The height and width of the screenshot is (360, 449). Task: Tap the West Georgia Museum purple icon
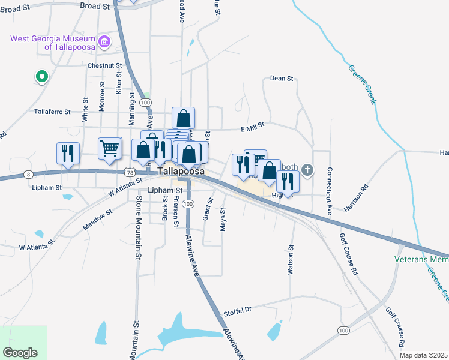[x=105, y=42]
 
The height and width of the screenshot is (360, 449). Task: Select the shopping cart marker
[x=110, y=148]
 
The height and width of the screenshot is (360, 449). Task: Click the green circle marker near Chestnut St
[x=41, y=76]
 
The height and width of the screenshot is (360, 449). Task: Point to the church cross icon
[x=307, y=170]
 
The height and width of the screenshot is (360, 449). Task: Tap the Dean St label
[x=281, y=78]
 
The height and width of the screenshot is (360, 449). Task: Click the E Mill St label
[x=252, y=128]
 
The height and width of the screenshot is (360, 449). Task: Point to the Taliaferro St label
[x=52, y=112]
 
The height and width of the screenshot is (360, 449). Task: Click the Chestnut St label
[x=104, y=65]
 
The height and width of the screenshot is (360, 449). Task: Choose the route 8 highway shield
[x=28, y=174]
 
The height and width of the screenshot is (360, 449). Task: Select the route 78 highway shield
[x=130, y=172]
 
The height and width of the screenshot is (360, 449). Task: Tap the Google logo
[x=20, y=353]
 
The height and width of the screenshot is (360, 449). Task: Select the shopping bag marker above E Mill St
[x=183, y=117]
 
